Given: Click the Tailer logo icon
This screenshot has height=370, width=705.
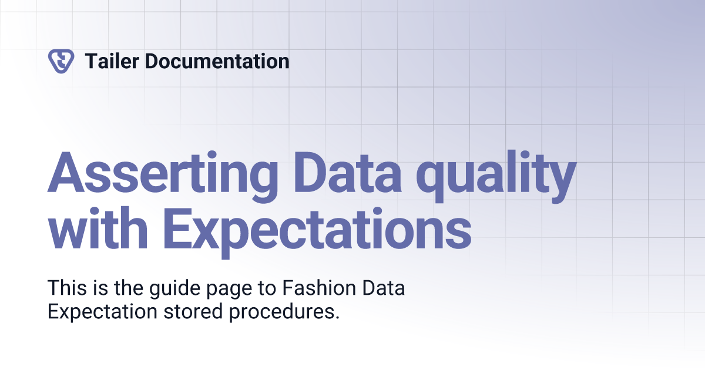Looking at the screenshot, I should coord(61,60).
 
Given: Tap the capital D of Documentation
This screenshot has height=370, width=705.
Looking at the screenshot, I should coord(152,60).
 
